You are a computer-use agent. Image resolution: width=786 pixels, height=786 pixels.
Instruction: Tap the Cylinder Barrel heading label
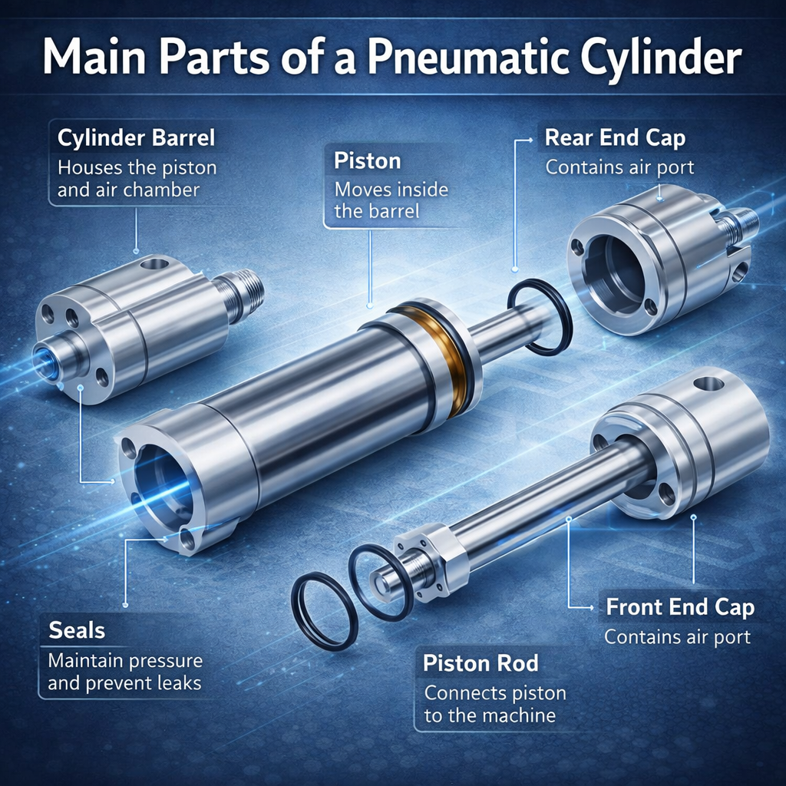(137, 137)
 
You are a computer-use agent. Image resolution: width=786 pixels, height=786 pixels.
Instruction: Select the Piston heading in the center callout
(368, 161)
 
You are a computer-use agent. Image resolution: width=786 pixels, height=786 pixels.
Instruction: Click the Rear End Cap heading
(615, 138)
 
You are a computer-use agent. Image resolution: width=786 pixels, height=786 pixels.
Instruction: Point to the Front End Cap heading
(680, 607)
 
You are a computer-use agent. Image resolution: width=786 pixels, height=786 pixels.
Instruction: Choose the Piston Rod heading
(481, 663)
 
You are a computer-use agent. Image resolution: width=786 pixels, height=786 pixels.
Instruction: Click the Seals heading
(77, 630)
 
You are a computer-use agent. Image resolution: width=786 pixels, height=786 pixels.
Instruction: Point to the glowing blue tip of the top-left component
(45, 362)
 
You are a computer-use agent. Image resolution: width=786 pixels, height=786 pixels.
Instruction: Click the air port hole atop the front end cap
(708, 384)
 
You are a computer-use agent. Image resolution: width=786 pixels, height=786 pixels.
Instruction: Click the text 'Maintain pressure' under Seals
(125, 661)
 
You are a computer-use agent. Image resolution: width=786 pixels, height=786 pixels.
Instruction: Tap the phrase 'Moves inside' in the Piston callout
(391, 190)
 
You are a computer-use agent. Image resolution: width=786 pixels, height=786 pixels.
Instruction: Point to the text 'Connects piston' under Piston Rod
(495, 693)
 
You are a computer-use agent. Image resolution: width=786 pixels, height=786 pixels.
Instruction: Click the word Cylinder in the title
(661, 58)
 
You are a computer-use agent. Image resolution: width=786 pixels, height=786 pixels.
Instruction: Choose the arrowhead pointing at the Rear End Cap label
(530, 140)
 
